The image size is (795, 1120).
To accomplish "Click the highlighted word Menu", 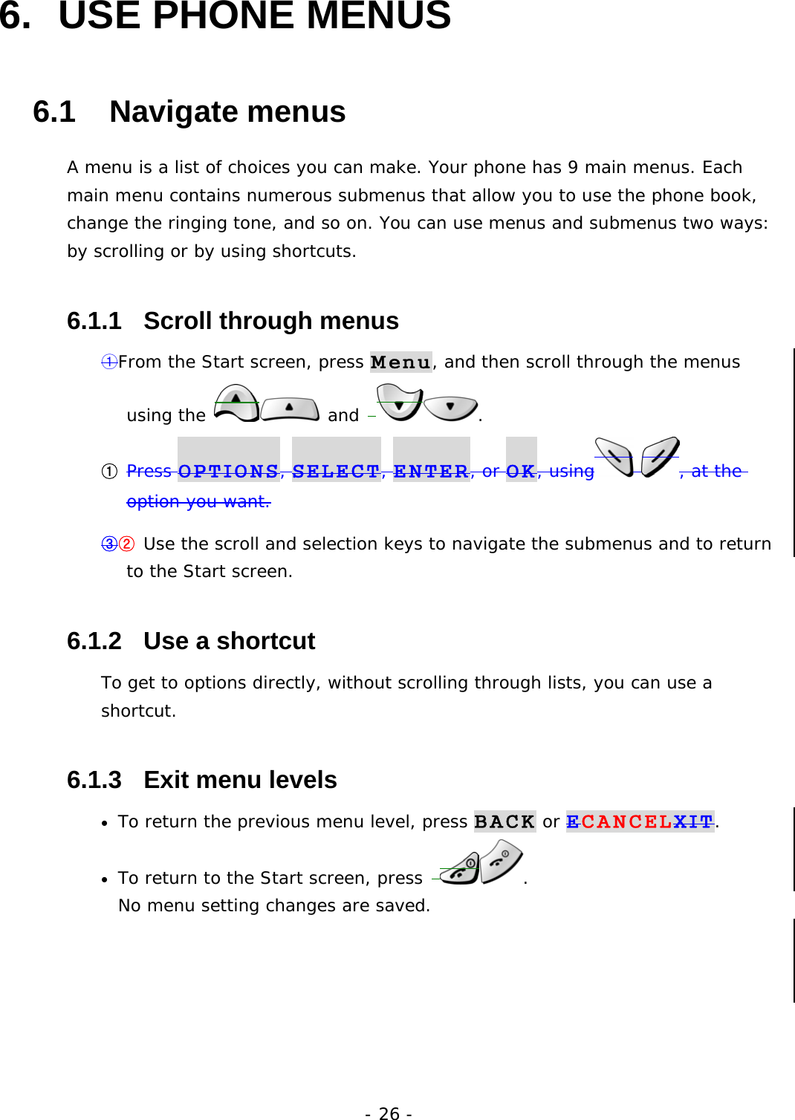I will click(x=400, y=362).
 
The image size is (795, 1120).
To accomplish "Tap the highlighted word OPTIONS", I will click(x=228, y=471).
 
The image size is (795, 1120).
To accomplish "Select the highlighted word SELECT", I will click(x=336, y=471).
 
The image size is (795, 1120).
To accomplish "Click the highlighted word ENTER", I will click(x=431, y=471).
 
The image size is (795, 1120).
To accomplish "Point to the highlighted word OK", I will click(x=521, y=471).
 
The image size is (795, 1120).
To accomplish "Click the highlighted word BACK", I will click(x=504, y=821).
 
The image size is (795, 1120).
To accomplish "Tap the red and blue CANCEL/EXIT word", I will click(x=640, y=821).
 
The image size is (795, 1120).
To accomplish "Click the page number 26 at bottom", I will click(x=389, y=1113).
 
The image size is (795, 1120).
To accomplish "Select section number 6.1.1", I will click(x=94, y=321).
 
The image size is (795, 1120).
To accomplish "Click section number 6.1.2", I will click(x=94, y=641).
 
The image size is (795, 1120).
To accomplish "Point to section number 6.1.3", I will click(x=94, y=780).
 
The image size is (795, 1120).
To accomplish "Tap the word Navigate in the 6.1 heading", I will click(x=172, y=112).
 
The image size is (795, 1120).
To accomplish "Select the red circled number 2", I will click(x=127, y=544).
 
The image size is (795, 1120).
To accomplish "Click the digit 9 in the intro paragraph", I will click(x=573, y=168).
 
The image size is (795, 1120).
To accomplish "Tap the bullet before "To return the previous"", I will click(x=106, y=823).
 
